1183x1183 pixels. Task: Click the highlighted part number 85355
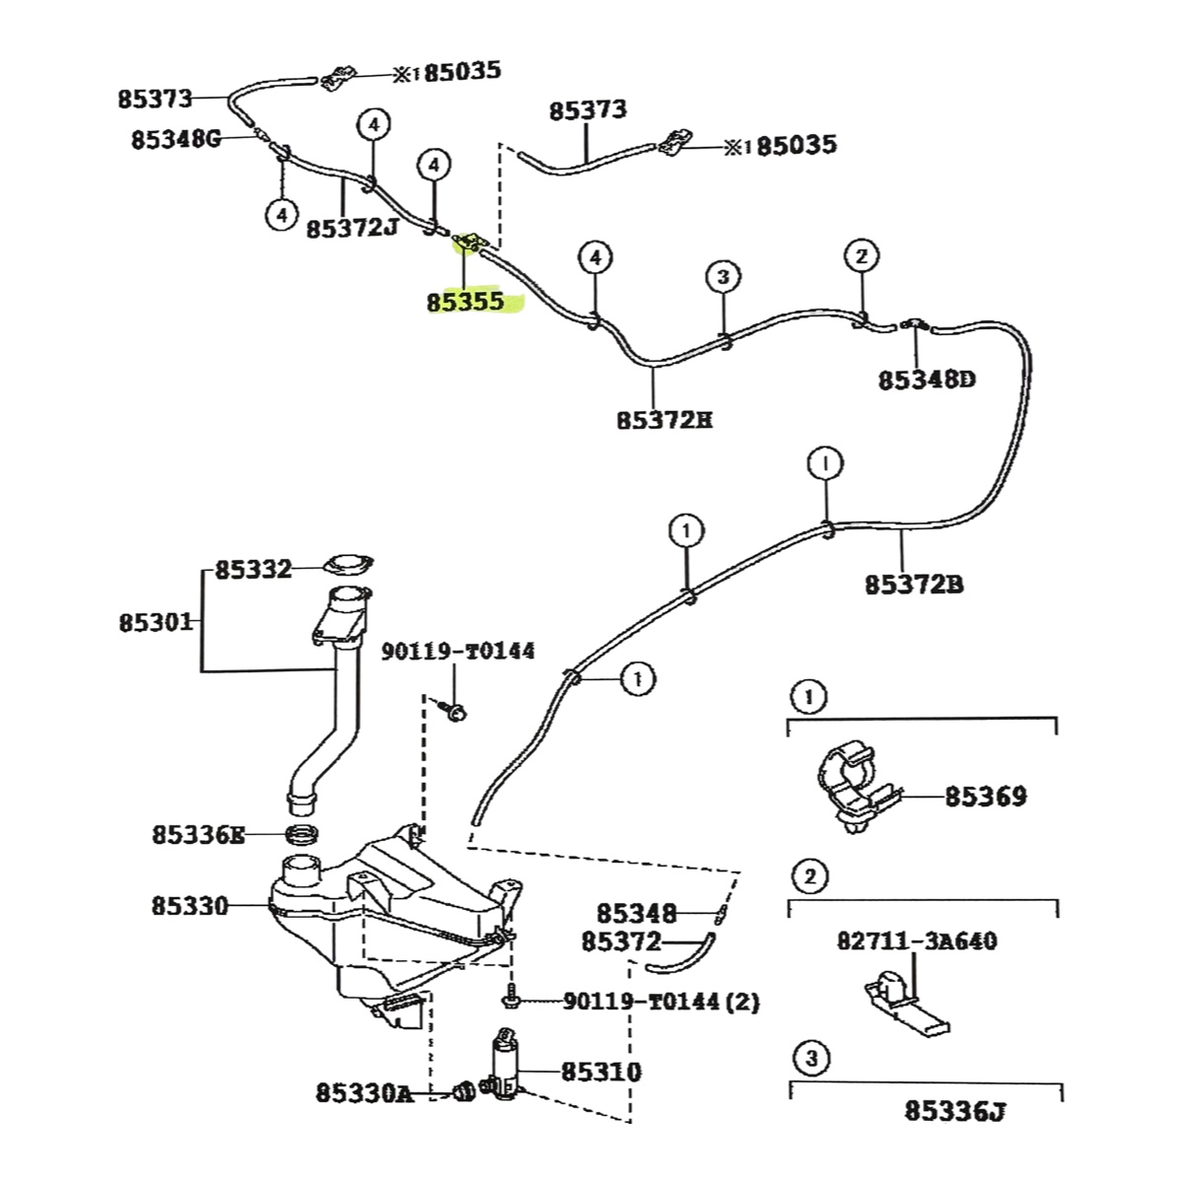[x=464, y=302]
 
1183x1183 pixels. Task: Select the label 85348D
[x=927, y=380]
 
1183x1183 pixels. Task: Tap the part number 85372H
[x=664, y=420]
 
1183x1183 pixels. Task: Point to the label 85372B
[x=914, y=585]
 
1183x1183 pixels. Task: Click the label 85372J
[x=352, y=229]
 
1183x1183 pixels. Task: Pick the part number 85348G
[x=176, y=140]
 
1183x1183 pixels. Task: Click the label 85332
[x=253, y=570]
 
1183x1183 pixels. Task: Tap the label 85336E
[x=197, y=835]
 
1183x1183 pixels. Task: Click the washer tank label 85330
[x=189, y=905]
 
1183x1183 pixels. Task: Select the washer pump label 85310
[x=600, y=1072]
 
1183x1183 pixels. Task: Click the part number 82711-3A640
[x=916, y=941]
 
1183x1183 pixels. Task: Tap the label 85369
[x=986, y=796]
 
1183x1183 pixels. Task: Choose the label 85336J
[x=955, y=1112]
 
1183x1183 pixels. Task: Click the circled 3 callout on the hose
[x=723, y=276]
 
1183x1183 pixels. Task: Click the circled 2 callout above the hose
[x=861, y=257]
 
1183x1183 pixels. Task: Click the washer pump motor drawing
[x=505, y=1068]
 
